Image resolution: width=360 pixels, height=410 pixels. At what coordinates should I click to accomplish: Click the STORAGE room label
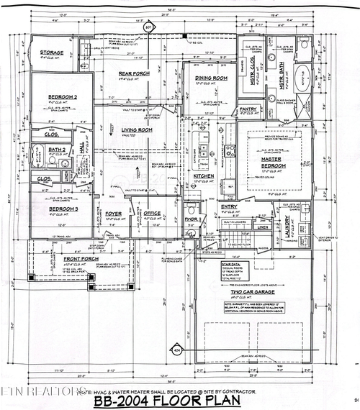coord(52,53)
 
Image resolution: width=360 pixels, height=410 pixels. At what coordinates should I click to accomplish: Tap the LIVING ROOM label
coord(135,129)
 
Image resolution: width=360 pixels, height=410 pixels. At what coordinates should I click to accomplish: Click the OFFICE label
coord(151,213)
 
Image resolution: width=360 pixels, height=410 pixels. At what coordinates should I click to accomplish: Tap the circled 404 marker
coord(177,350)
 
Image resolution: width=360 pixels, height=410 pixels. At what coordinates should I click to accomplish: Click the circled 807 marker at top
coord(150,28)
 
